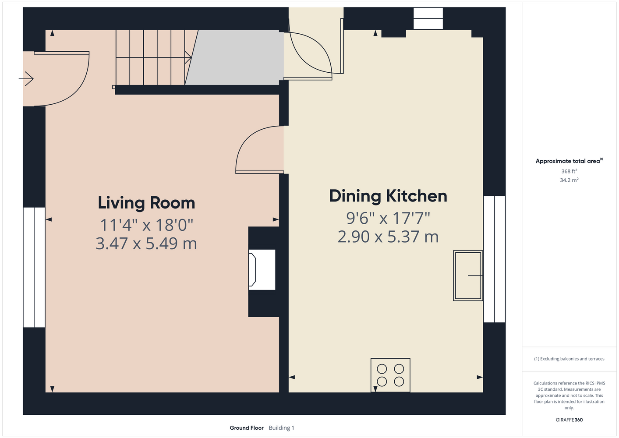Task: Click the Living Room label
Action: pos(146,203)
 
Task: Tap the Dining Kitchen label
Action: pos(388,196)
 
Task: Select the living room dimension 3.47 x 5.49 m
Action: pos(146,244)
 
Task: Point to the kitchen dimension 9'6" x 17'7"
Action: pos(388,218)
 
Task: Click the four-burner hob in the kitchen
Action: pos(390,375)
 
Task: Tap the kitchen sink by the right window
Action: pos(468,276)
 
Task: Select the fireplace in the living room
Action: pos(262,270)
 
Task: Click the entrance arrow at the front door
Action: pos(26,79)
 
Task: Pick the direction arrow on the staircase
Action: pos(154,57)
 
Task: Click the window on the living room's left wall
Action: pos(34,267)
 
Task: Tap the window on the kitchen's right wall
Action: pos(495,259)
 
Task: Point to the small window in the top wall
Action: pos(428,18)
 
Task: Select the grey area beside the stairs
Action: pos(234,57)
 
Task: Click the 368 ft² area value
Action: pos(569,171)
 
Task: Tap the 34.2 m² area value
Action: pos(569,180)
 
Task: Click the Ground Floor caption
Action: pos(247,428)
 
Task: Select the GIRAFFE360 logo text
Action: pos(569,420)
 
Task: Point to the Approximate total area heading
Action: pos(569,161)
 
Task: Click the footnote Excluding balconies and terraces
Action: pos(569,359)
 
